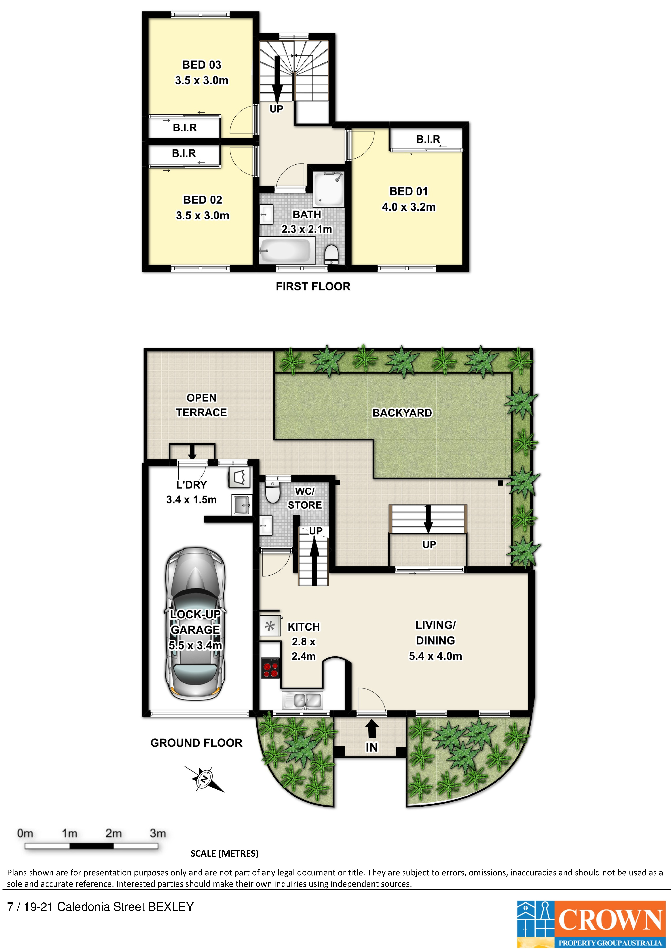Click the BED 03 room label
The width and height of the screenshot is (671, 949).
202,65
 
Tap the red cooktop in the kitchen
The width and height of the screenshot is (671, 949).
270,669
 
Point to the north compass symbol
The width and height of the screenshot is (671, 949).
204,779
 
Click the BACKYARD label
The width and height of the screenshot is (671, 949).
402,413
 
